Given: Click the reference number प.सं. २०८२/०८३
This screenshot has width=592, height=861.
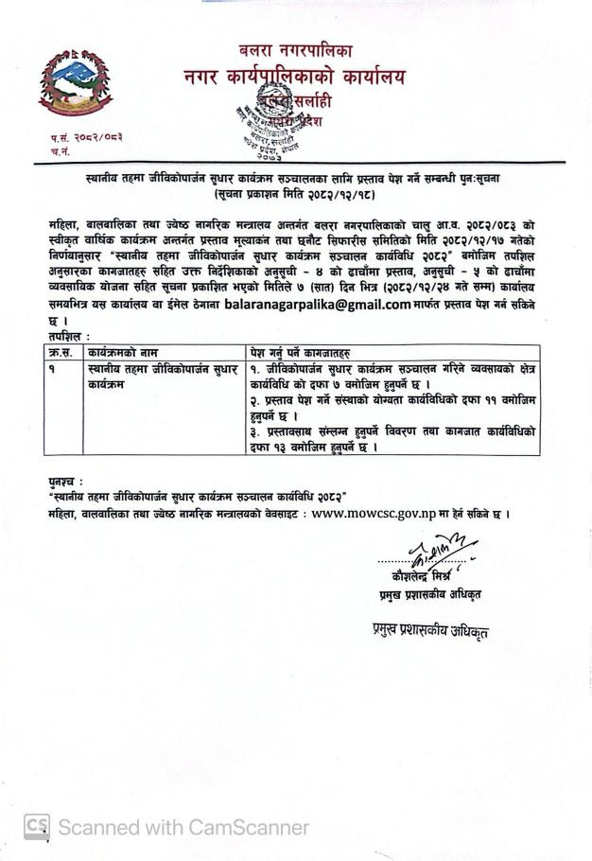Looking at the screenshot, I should tap(86, 137).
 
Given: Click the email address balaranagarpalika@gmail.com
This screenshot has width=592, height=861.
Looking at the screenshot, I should tap(317, 305).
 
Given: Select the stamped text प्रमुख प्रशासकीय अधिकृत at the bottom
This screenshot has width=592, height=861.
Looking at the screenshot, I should tap(431, 630).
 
